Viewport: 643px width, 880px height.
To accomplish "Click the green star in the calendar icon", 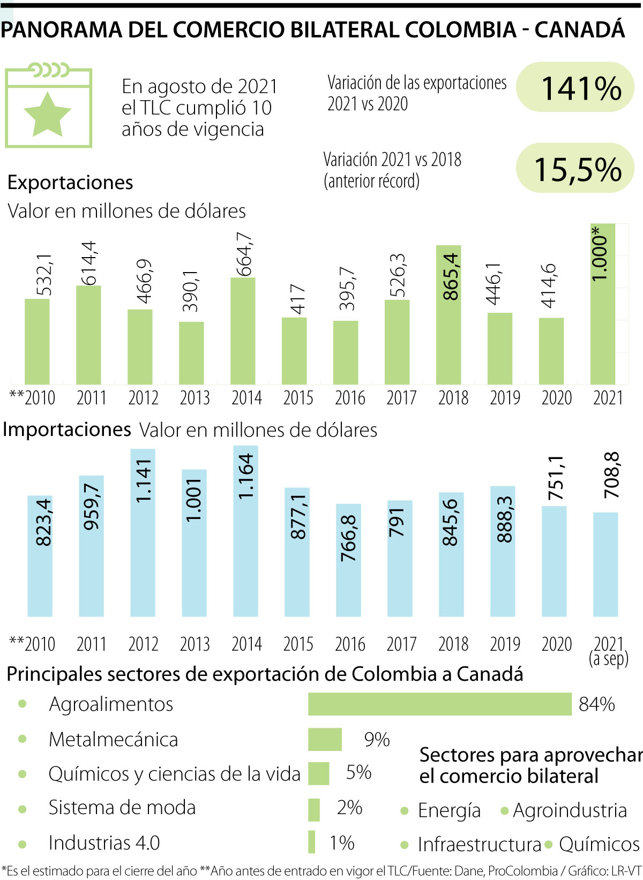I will tap(47, 114).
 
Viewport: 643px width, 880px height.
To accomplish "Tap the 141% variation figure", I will tap(581, 88).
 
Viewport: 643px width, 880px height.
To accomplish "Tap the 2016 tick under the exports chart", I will tap(350, 398).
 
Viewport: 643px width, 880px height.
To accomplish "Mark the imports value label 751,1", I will tap(556, 478).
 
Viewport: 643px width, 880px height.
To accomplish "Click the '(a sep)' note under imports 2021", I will tap(608, 658).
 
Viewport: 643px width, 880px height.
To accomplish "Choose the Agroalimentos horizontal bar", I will tap(439, 704).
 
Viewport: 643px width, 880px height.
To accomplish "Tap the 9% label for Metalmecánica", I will tap(377, 740).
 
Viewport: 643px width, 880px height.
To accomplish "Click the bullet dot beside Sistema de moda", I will tap(23, 809).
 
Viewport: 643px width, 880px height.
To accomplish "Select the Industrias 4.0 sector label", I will tap(104, 843).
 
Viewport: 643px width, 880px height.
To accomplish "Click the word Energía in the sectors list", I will tap(449, 810).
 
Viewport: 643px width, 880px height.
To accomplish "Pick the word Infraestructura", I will tap(479, 845).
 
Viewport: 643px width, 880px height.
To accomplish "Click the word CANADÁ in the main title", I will tap(580, 29).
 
